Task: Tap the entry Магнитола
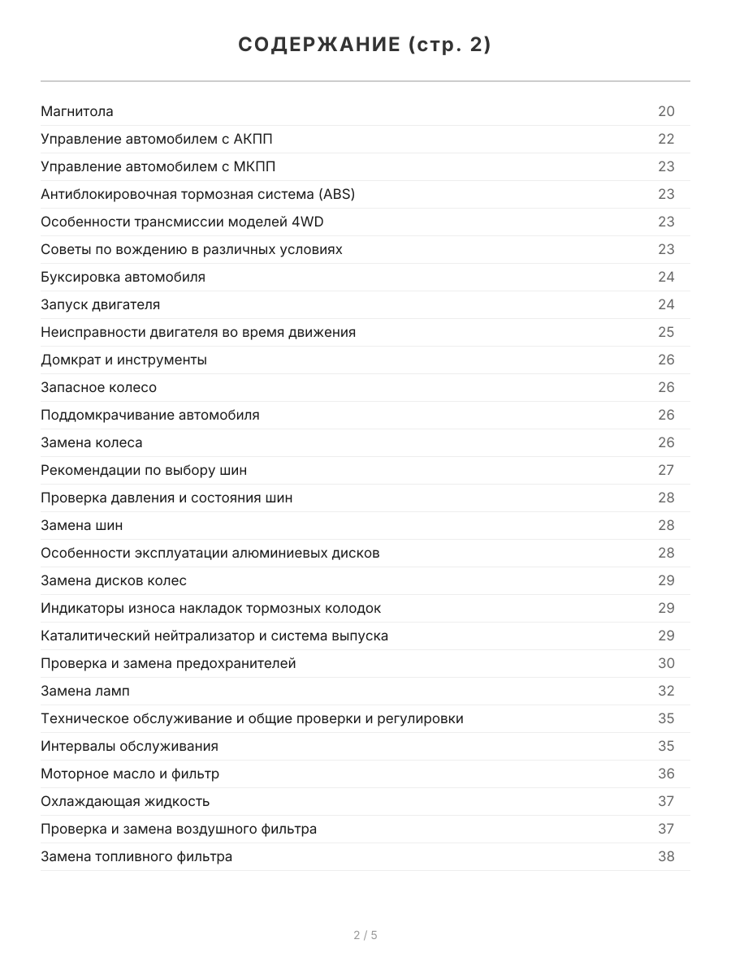(77, 111)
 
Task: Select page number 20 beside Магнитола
(666, 111)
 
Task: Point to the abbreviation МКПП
(254, 166)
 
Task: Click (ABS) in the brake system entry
(336, 194)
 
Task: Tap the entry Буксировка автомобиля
(123, 277)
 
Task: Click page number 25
(666, 332)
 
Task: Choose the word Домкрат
(71, 360)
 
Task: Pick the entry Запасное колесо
(98, 387)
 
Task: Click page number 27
(666, 470)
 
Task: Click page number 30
(666, 663)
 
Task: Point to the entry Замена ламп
(84, 691)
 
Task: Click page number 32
(666, 691)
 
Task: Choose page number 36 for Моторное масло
(666, 774)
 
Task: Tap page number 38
(666, 856)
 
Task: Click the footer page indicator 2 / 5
(365, 935)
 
